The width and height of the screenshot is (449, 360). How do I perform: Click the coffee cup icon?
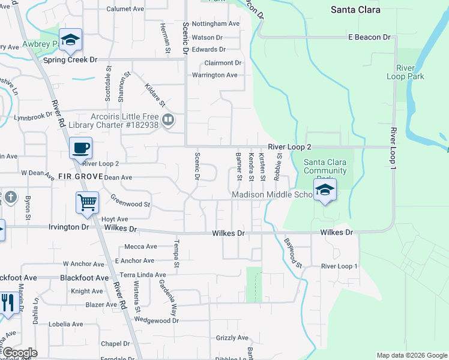tap(80, 147)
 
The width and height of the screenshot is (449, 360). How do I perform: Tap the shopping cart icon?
tap(87, 202)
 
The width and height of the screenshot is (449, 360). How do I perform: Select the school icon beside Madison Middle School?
tap(325, 190)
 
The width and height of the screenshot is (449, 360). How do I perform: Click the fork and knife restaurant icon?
tap(7, 302)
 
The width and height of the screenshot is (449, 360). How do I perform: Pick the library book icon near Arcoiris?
tap(168, 119)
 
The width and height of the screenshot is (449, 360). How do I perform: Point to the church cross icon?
tap(11, 197)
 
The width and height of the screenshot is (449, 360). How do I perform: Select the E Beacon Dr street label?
tap(369, 37)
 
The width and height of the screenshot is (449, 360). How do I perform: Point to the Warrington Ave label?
tap(214, 75)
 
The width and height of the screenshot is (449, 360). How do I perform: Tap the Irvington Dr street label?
tap(69, 227)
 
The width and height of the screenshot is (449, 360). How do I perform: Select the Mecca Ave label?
tap(140, 247)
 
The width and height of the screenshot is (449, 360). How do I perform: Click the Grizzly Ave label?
tap(232, 338)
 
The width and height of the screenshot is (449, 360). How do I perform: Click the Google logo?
tap(19, 353)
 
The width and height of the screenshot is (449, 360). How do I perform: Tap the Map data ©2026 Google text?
tap(411, 355)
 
